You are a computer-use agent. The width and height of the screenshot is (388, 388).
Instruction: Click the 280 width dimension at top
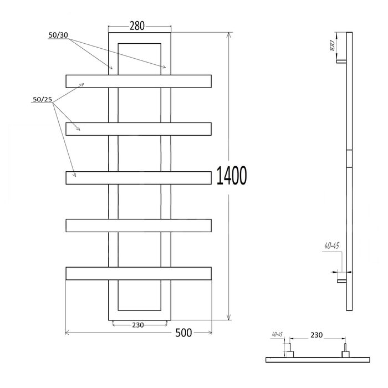(x=137, y=25)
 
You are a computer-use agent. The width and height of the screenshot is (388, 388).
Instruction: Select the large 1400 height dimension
(x=232, y=176)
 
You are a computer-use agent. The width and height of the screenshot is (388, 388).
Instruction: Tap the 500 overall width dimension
(x=183, y=333)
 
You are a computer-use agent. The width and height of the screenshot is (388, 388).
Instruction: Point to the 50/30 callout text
(x=58, y=35)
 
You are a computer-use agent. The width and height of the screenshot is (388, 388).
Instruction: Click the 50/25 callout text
(x=43, y=99)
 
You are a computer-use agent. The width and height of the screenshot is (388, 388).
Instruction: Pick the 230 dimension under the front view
(x=138, y=325)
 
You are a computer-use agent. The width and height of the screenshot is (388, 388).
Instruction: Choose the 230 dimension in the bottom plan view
(x=316, y=335)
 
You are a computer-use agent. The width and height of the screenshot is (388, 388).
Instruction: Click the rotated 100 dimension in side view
(x=333, y=46)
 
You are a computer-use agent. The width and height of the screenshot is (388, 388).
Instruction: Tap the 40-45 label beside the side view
(x=332, y=246)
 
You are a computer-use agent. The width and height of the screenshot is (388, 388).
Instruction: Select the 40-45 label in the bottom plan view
(x=277, y=334)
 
